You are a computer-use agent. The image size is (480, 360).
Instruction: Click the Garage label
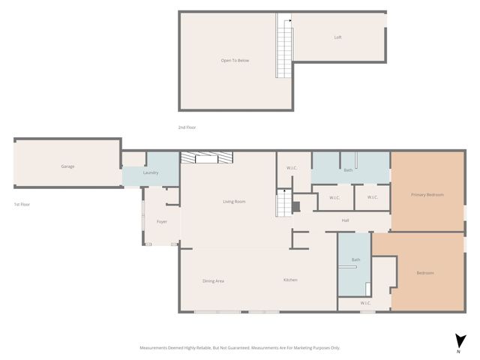67,166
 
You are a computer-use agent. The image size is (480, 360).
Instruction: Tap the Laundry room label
151,173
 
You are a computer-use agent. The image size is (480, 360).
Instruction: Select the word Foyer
161,222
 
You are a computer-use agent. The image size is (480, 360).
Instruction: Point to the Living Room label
234,202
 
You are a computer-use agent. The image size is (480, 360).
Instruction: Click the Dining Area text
213,281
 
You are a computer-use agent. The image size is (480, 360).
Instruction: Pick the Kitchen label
290,280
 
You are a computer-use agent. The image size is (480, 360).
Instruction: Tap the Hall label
345,220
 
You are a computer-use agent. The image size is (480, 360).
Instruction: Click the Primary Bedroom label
427,195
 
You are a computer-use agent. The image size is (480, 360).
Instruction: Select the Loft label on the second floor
338,37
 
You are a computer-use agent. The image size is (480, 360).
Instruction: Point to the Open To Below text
235,60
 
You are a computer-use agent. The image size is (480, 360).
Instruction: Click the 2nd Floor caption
187,127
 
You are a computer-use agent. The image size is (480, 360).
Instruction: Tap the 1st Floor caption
22,204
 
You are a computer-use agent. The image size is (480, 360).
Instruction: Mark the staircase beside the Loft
283,46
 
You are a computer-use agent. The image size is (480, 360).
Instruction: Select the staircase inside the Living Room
283,203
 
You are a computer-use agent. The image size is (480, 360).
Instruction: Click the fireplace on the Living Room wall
207,157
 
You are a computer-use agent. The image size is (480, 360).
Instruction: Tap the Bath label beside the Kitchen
355,260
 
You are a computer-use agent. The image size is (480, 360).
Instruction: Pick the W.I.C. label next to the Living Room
292,168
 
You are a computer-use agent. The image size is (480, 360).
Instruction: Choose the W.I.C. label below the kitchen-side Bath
365,303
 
